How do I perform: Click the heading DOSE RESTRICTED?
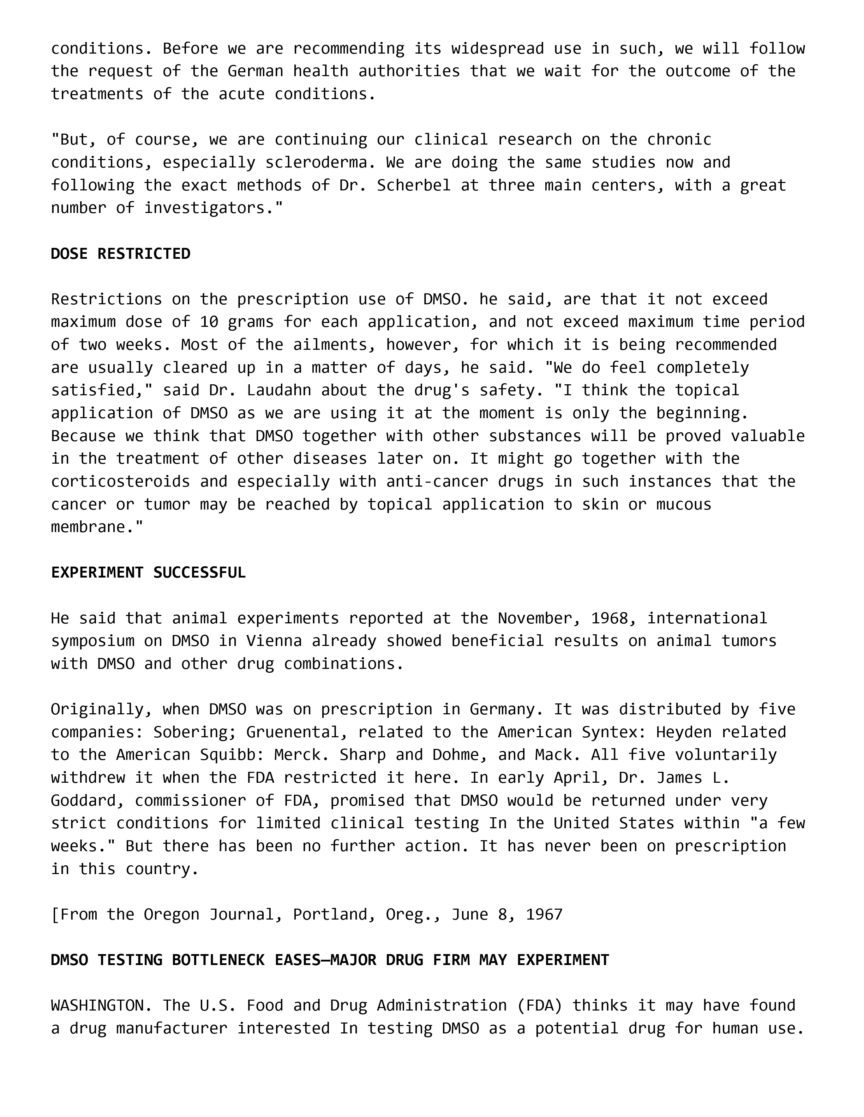click(x=120, y=254)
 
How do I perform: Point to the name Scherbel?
click(x=414, y=185)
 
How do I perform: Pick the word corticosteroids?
click(x=120, y=481)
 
